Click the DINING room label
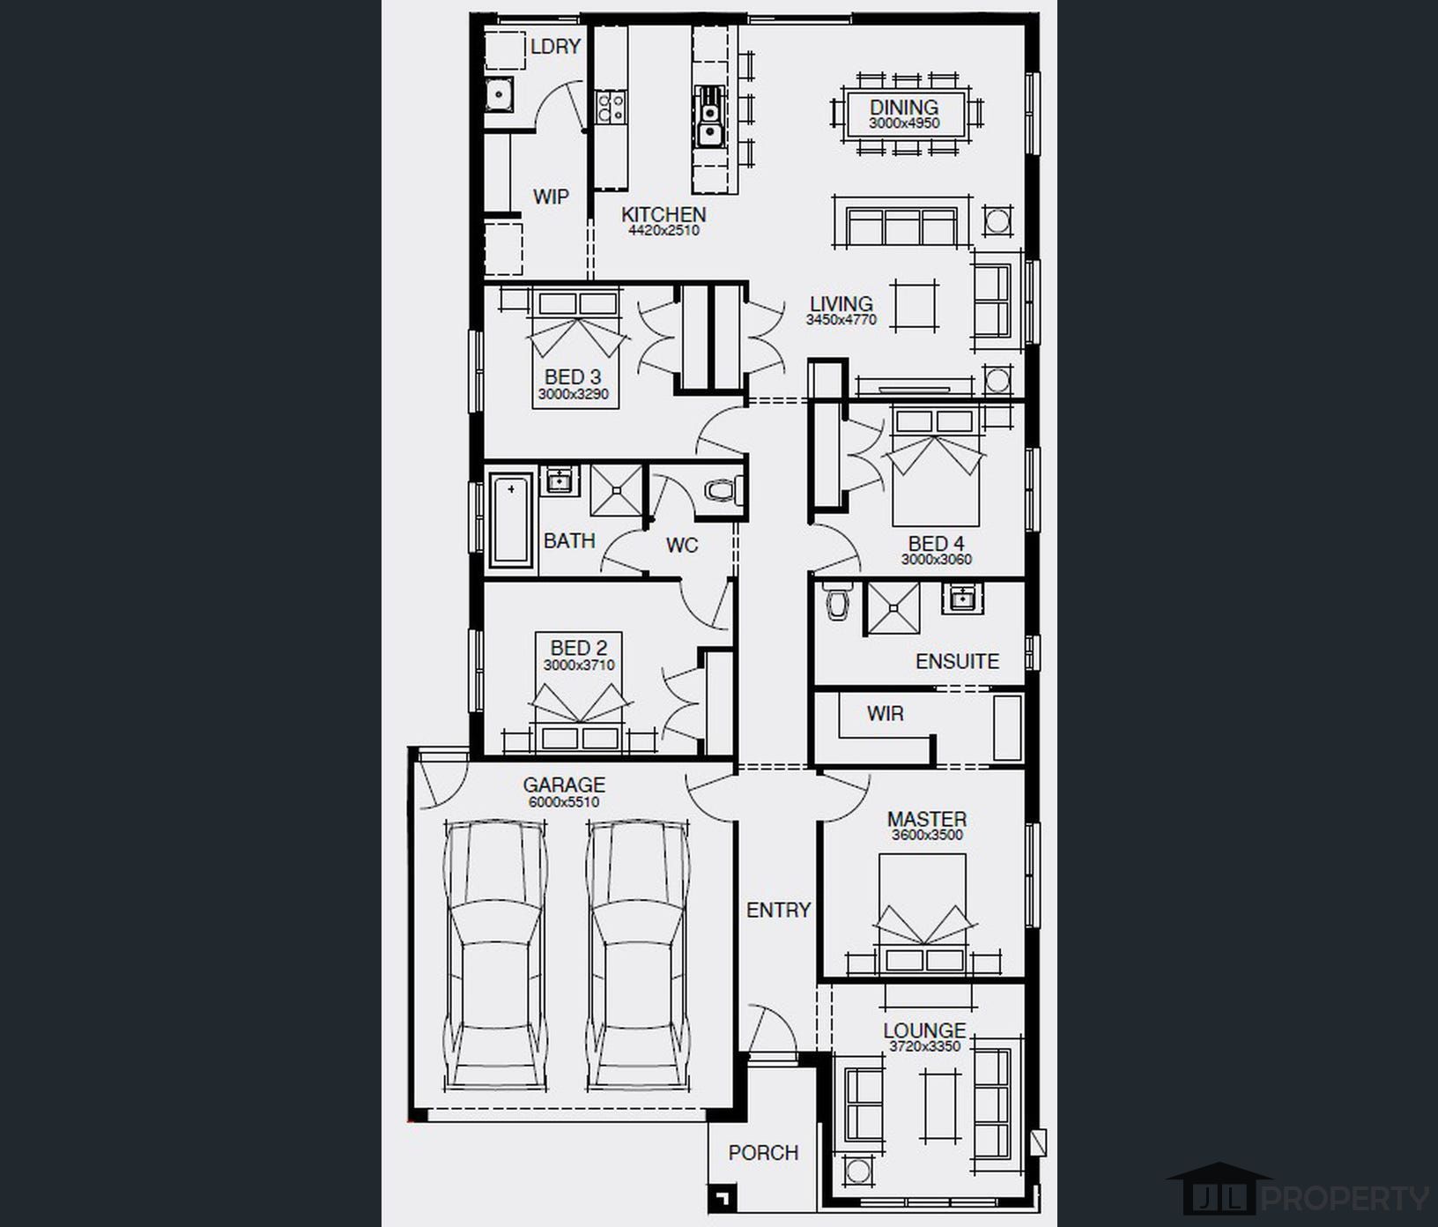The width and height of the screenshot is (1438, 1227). (x=904, y=108)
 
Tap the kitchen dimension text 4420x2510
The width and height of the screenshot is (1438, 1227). (x=663, y=231)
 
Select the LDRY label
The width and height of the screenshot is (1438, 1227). (x=555, y=47)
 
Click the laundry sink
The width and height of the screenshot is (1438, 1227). (x=500, y=94)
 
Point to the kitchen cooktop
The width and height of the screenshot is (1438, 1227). (x=611, y=108)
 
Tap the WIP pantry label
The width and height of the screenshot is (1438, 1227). (x=551, y=197)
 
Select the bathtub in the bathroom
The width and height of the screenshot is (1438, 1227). (x=512, y=520)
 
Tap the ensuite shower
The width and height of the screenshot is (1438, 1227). (x=894, y=607)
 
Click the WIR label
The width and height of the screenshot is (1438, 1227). (x=885, y=713)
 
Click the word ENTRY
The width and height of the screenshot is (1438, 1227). (x=778, y=910)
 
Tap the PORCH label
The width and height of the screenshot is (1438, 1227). (x=763, y=1153)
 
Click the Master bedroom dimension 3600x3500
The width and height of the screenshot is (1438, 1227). (x=927, y=835)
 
